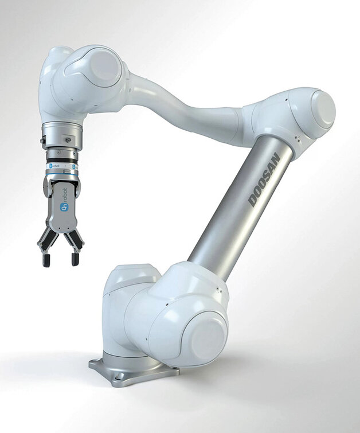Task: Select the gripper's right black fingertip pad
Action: (75, 259)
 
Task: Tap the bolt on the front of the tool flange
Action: (67, 139)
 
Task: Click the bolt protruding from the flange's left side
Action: (42, 140)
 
